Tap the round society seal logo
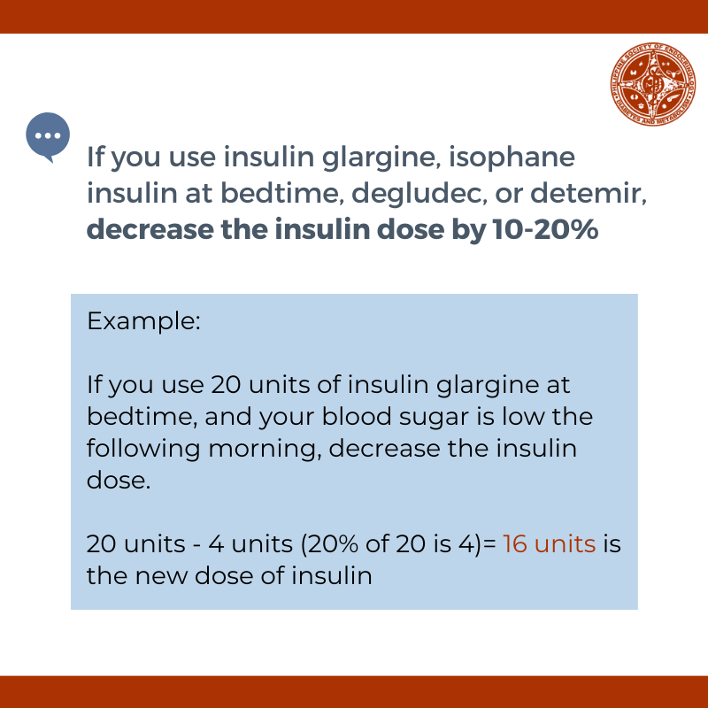[653, 84]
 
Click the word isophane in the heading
[512, 158]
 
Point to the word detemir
[589, 193]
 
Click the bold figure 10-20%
[545, 229]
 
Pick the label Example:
[143, 321]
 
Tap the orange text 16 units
[549, 543]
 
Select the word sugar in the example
[434, 418]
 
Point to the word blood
[357, 416]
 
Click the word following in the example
[143, 449]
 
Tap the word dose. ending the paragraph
[119, 480]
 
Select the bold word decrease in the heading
[150, 229]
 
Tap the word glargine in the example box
[488, 386]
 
